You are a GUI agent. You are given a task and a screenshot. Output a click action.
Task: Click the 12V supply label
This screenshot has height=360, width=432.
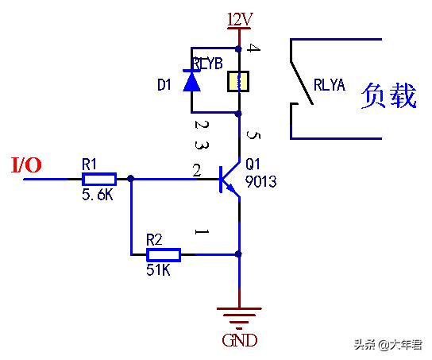(x=239, y=17)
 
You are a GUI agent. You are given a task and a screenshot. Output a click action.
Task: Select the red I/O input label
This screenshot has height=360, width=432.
(x=26, y=165)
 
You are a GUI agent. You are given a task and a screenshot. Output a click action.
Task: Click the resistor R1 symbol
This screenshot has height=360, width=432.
(x=99, y=179)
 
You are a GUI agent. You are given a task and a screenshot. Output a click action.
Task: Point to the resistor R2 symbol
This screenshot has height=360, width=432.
(x=164, y=254)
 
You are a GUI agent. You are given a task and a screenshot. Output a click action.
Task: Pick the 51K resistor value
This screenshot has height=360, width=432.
(x=159, y=270)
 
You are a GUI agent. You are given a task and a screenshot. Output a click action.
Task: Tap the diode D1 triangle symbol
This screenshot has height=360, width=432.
(x=191, y=81)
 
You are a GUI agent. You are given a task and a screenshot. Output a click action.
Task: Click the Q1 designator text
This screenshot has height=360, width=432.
(x=253, y=165)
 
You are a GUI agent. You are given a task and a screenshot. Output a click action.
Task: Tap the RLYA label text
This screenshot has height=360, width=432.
(x=330, y=85)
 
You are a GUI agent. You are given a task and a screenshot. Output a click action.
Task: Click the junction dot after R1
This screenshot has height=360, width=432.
(x=131, y=179)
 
